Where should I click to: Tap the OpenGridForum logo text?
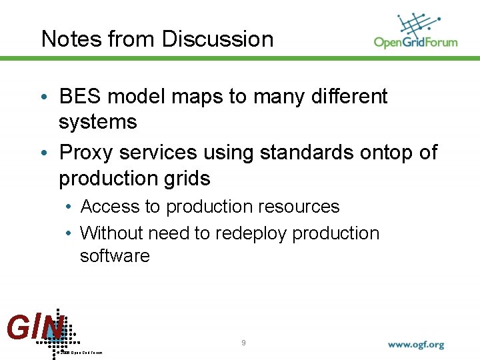click(415, 42)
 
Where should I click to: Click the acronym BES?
click(81, 97)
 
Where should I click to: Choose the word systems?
click(97, 123)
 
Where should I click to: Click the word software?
click(115, 256)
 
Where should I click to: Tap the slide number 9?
click(243, 343)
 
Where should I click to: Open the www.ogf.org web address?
click(416, 345)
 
